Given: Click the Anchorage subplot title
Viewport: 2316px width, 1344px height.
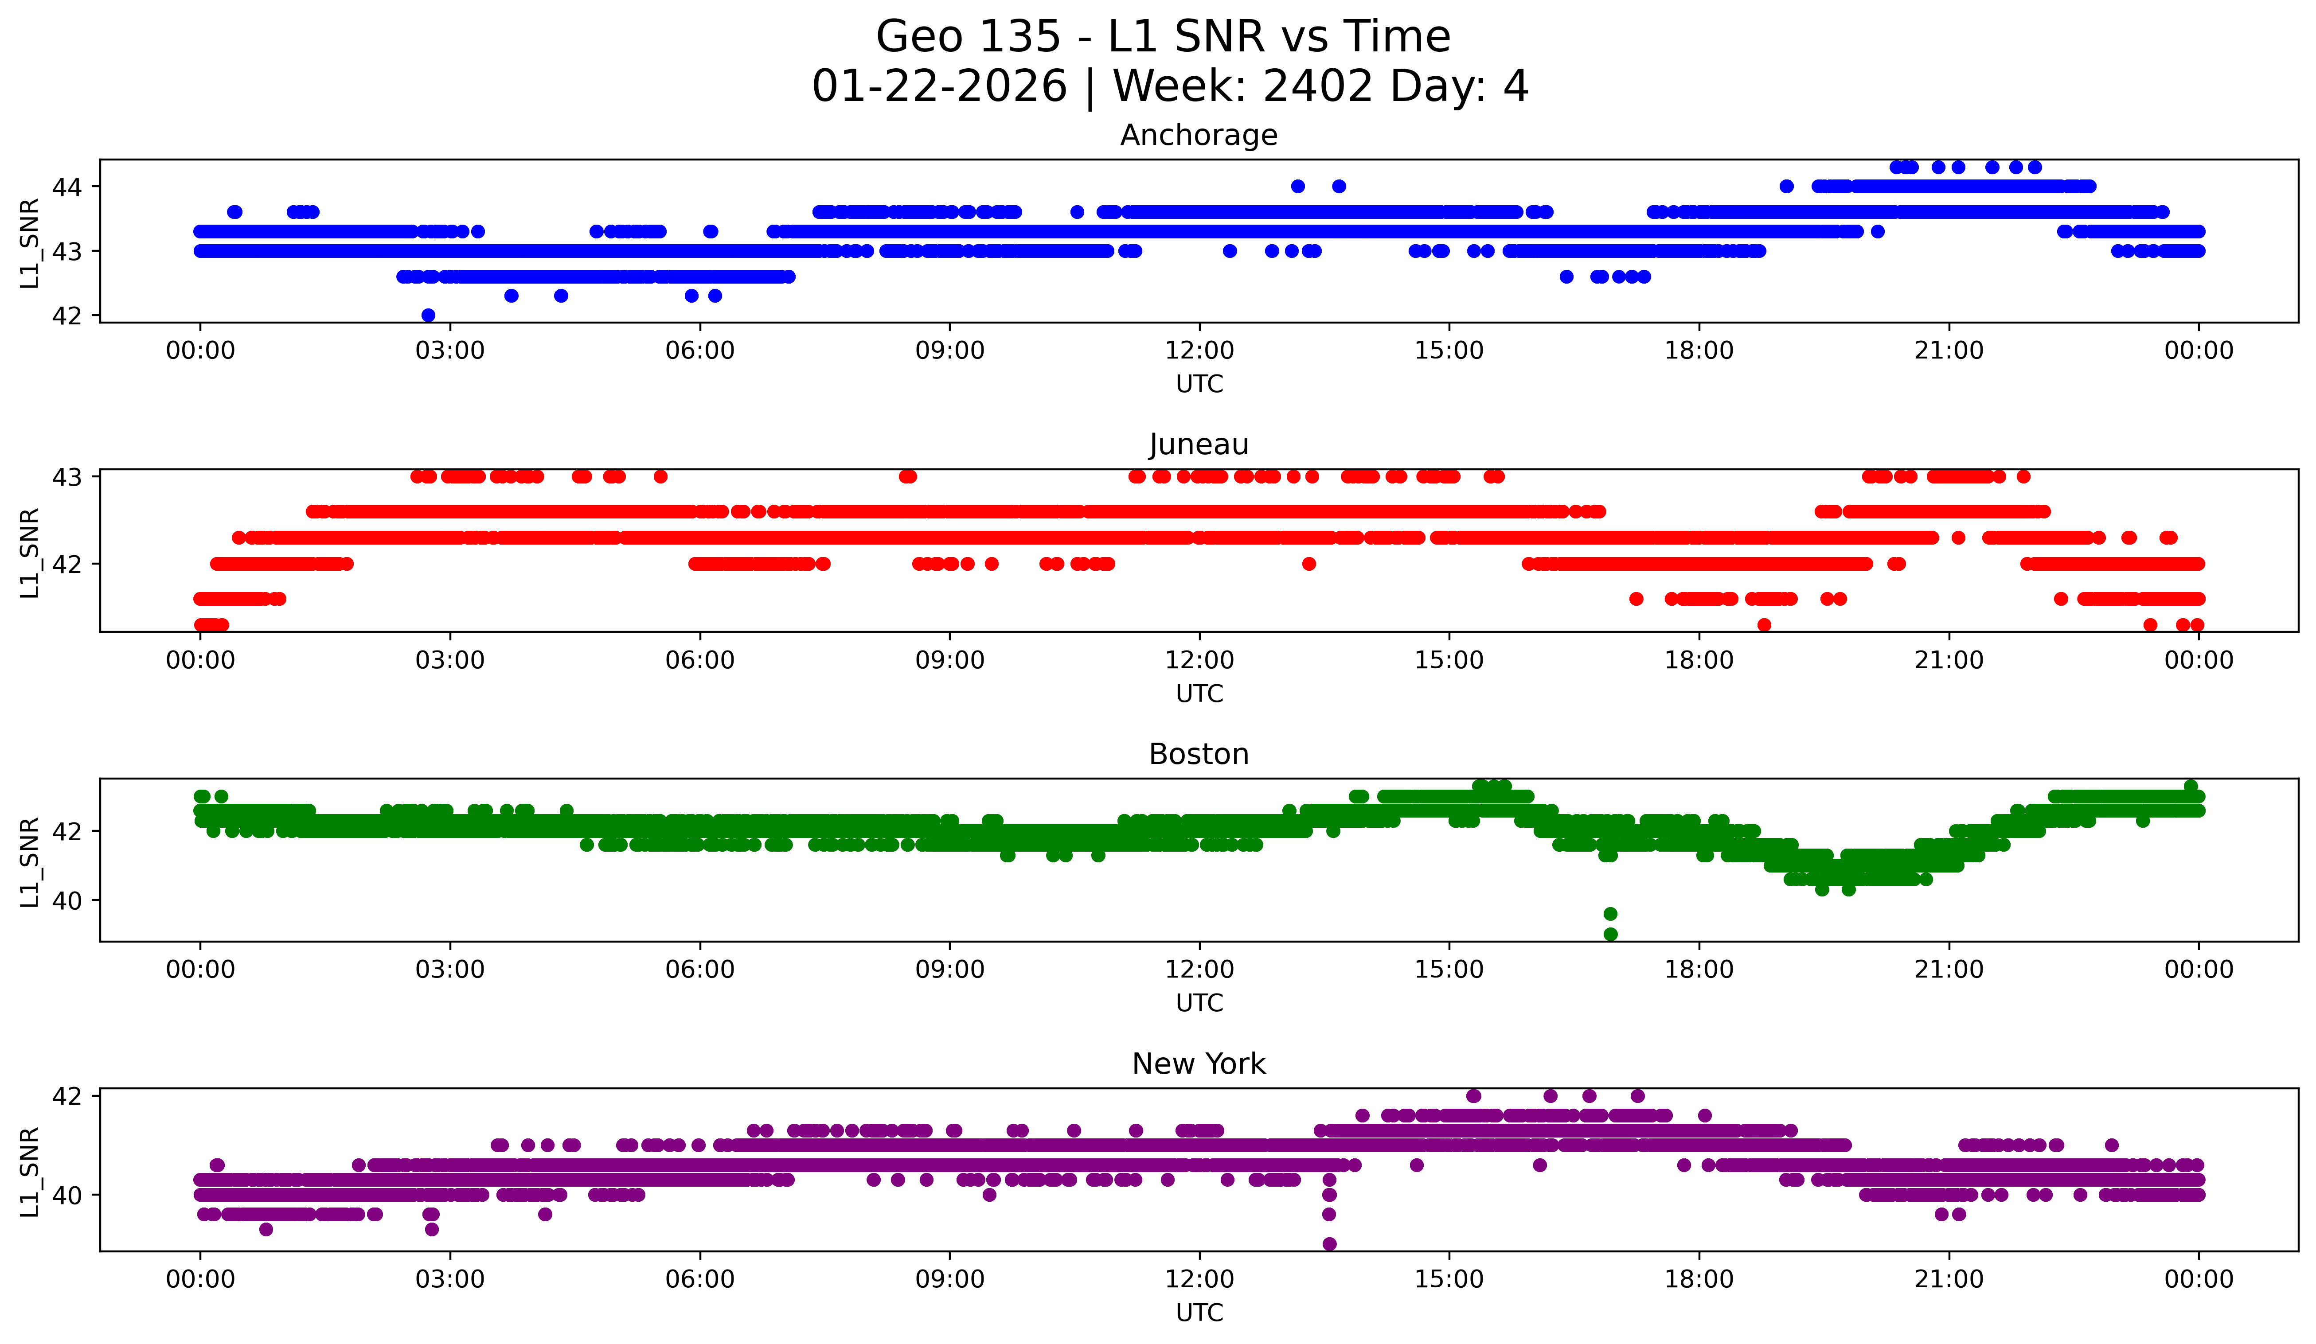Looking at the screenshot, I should [1199, 135].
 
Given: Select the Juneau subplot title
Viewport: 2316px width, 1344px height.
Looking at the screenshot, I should [1199, 444].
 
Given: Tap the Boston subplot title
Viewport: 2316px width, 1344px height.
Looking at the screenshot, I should [1199, 754].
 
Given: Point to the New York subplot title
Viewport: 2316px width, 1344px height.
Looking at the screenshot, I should [1199, 1064].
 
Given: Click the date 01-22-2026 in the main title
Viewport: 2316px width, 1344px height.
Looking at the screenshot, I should [939, 86].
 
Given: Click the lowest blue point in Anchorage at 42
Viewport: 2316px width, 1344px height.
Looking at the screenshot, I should [428, 315].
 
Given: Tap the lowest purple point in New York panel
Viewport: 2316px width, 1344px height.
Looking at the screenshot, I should [1329, 1244].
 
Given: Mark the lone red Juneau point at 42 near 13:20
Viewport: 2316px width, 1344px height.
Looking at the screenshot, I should [1309, 564].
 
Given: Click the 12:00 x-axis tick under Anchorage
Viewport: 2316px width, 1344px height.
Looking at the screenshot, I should [1199, 351].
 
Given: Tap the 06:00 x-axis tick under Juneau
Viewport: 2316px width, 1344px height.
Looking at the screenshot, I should [699, 661].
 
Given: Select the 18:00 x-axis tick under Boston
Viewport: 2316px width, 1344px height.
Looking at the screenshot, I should [1699, 970].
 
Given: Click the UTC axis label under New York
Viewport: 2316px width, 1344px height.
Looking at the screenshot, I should [1199, 1313].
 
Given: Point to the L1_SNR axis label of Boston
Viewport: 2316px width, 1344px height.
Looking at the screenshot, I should [29, 862].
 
